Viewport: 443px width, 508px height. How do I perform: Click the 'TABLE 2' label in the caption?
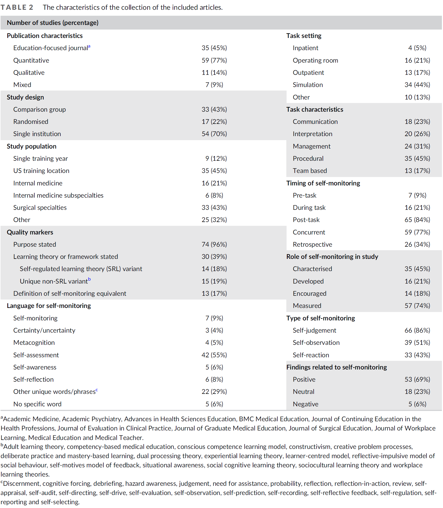click(17, 7)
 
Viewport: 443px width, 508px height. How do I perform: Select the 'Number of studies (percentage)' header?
click(52, 23)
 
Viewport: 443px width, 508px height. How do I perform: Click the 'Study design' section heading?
click(25, 97)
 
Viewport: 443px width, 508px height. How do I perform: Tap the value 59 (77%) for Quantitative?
click(214, 60)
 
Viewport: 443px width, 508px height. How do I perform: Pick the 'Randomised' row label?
click(31, 122)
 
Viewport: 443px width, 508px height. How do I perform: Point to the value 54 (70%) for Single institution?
click(214, 134)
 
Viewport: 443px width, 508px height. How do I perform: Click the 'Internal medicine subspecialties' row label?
click(58, 195)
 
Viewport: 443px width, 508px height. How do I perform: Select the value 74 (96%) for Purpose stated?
click(214, 245)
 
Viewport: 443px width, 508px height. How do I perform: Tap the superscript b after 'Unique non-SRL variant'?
click(89, 279)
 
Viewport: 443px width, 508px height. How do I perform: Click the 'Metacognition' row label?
click(34, 343)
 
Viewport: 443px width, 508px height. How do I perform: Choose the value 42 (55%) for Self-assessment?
click(214, 355)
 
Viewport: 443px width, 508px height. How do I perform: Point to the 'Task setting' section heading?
click(304, 36)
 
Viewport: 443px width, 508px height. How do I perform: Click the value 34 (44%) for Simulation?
click(417, 85)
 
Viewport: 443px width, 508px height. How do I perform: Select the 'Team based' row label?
click(310, 171)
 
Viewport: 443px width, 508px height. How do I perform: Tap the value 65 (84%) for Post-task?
click(417, 220)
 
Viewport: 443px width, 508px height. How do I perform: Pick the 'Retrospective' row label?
click(312, 245)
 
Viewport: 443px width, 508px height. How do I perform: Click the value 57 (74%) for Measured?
click(417, 306)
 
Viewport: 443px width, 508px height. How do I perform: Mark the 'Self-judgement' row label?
click(314, 330)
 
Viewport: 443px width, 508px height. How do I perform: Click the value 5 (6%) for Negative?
click(417, 404)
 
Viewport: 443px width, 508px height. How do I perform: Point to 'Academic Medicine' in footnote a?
click(31, 419)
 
